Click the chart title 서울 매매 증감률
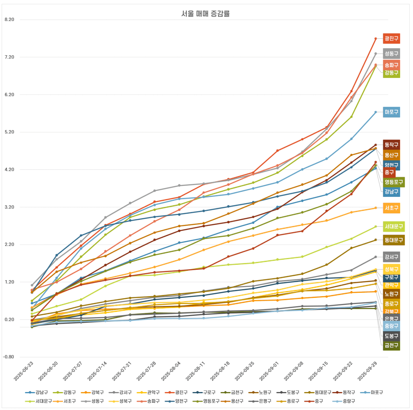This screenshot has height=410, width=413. [205, 14]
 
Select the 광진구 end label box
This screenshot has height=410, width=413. [391, 38]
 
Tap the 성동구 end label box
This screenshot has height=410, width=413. [391, 53]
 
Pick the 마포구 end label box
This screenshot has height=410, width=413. [391, 112]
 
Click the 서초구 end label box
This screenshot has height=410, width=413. [391, 208]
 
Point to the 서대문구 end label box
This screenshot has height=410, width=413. [394, 226]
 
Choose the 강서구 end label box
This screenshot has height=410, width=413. [391, 257]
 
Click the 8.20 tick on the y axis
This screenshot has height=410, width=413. [9, 19]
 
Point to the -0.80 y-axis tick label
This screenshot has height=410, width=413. [9, 357]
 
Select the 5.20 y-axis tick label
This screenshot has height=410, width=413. [9, 132]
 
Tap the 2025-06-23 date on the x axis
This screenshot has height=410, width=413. [24, 371]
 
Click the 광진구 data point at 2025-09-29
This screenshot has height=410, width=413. [376, 39]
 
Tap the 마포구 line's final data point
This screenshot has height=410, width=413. [376, 112]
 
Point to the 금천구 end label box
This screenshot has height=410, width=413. [391, 345]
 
